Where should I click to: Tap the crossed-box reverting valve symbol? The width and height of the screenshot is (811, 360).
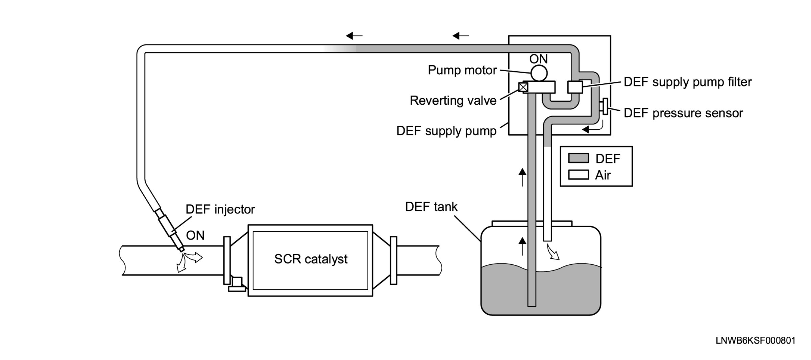pos(523,87)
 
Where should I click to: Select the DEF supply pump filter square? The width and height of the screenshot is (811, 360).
pos(575,87)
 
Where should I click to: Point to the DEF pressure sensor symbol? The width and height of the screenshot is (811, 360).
pos(604,106)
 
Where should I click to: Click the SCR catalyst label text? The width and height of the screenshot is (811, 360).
pos(311,259)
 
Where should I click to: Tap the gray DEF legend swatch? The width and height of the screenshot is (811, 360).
pos(579,158)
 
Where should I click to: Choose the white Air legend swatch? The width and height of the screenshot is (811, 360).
pos(579,175)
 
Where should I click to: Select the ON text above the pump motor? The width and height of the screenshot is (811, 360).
pos(538,59)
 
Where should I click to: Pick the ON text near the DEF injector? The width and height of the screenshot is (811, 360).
pos(195,235)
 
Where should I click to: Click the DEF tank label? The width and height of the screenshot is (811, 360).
pos(431,206)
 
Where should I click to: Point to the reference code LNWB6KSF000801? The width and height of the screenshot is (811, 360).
pos(756,340)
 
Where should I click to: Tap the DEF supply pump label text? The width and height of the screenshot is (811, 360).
pos(446,131)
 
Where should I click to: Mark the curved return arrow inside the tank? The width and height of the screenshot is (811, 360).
pos(553,252)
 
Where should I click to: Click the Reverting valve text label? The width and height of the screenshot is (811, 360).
pos(453,100)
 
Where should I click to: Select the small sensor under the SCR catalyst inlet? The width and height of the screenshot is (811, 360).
pos(237,284)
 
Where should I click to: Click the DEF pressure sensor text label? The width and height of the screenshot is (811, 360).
pos(683,113)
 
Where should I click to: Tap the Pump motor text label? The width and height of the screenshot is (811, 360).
pos(462,70)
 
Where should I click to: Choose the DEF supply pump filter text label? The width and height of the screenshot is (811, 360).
pos(688,82)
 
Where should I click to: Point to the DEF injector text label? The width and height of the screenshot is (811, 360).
pos(220,209)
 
